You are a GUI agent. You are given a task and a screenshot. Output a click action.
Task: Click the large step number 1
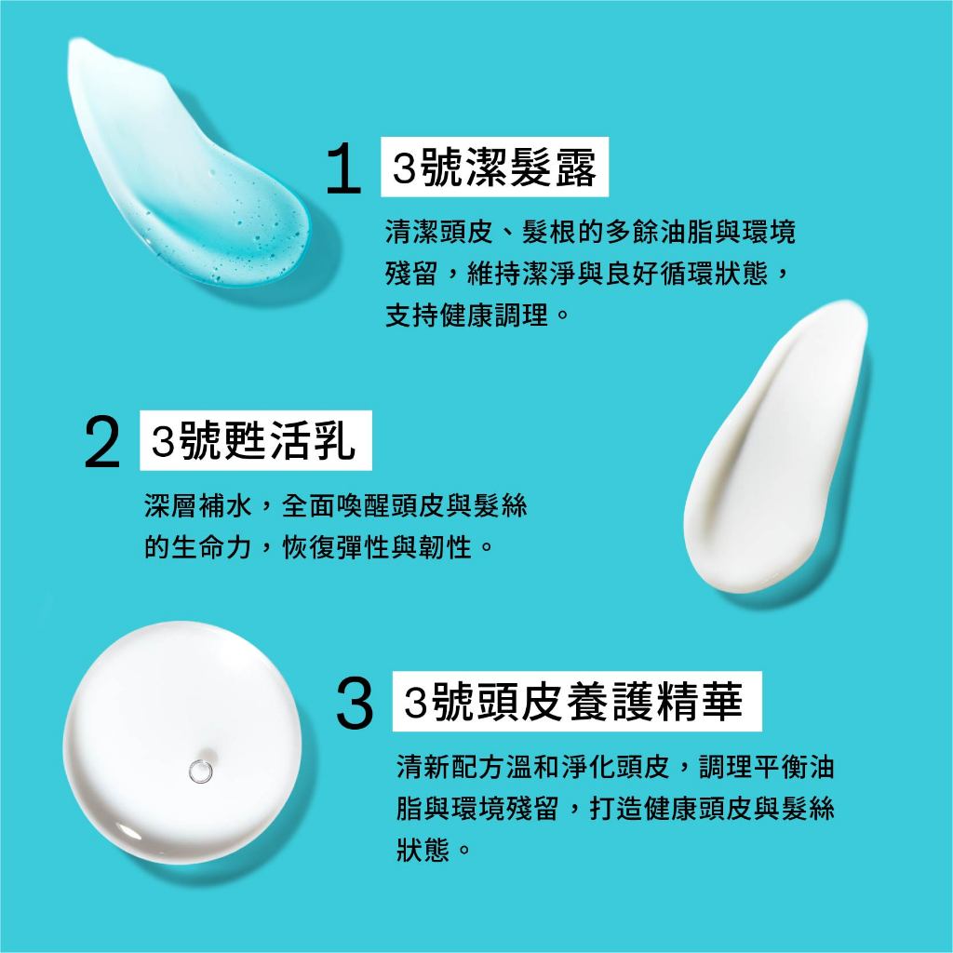tap(344, 168)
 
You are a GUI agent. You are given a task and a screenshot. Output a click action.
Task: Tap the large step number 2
tap(102, 441)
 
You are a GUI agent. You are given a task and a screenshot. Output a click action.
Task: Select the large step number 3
tap(355, 704)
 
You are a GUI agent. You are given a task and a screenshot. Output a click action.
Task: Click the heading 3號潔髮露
tap(494, 168)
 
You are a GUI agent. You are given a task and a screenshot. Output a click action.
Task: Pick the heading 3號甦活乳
tap(253, 440)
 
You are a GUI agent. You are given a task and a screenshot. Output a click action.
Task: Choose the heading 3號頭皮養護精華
tap(573, 702)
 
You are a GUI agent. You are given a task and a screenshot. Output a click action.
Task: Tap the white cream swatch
tap(775, 446)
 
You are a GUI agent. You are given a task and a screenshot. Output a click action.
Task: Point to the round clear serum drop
tap(182, 742)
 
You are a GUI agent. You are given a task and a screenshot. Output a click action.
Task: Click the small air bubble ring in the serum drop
tap(200, 772)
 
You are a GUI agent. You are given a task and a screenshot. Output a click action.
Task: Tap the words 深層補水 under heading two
tap(198, 505)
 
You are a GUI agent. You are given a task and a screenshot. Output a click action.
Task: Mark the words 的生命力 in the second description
tap(198, 547)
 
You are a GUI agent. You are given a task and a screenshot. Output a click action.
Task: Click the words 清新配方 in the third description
tap(450, 767)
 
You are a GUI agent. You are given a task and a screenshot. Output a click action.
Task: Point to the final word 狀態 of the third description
tap(423, 849)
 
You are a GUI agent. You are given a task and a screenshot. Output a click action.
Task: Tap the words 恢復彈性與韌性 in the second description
tap(377, 547)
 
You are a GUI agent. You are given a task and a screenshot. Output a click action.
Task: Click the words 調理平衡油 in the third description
tap(766, 767)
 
